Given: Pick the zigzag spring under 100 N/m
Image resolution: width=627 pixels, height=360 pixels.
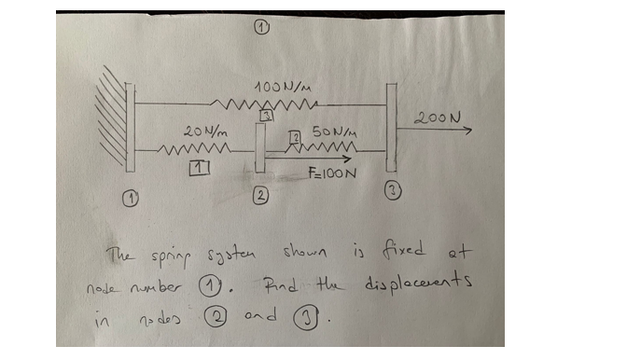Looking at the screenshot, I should pyautogui.click(x=267, y=102).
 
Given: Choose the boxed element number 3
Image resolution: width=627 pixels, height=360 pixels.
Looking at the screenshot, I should pyautogui.click(x=267, y=117).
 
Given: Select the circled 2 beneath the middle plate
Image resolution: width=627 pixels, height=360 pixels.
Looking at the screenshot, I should pyautogui.click(x=262, y=195).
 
